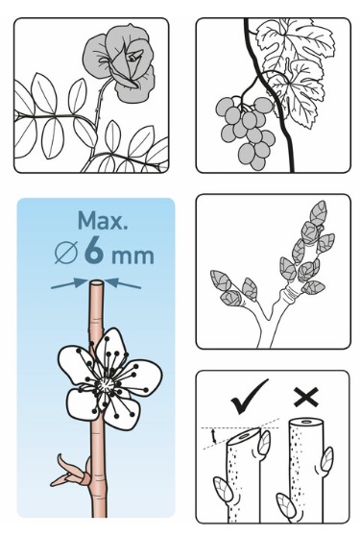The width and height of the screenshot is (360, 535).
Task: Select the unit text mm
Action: [x=132, y=255]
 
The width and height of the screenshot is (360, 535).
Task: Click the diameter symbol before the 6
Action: [x=66, y=253]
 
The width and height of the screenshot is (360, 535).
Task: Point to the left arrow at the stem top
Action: [x=69, y=284]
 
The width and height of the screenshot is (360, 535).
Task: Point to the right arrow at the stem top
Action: [x=123, y=283]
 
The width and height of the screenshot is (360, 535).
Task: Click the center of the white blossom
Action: [x=105, y=386]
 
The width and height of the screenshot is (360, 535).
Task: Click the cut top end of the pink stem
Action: [x=96, y=282]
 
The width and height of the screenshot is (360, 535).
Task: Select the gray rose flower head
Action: [x=119, y=62]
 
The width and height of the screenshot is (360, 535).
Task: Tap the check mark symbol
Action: [x=249, y=397]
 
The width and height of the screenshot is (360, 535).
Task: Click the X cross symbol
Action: [x=306, y=397]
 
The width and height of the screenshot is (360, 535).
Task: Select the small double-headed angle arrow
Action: [x=214, y=436]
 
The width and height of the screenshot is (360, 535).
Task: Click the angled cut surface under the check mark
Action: [x=244, y=436]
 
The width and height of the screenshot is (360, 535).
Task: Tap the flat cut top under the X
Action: [x=306, y=423]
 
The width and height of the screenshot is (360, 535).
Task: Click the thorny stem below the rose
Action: [x=101, y=103]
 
